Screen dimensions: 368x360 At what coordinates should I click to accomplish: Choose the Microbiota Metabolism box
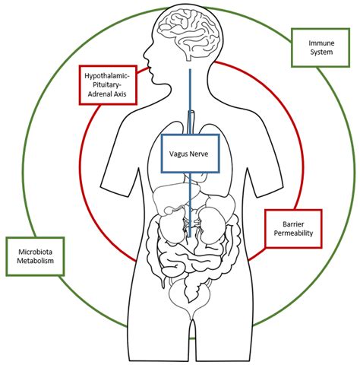click(x=35, y=256)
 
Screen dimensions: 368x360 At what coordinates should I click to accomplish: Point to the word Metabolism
click(x=35, y=262)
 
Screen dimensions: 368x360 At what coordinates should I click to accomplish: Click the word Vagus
click(x=179, y=152)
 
